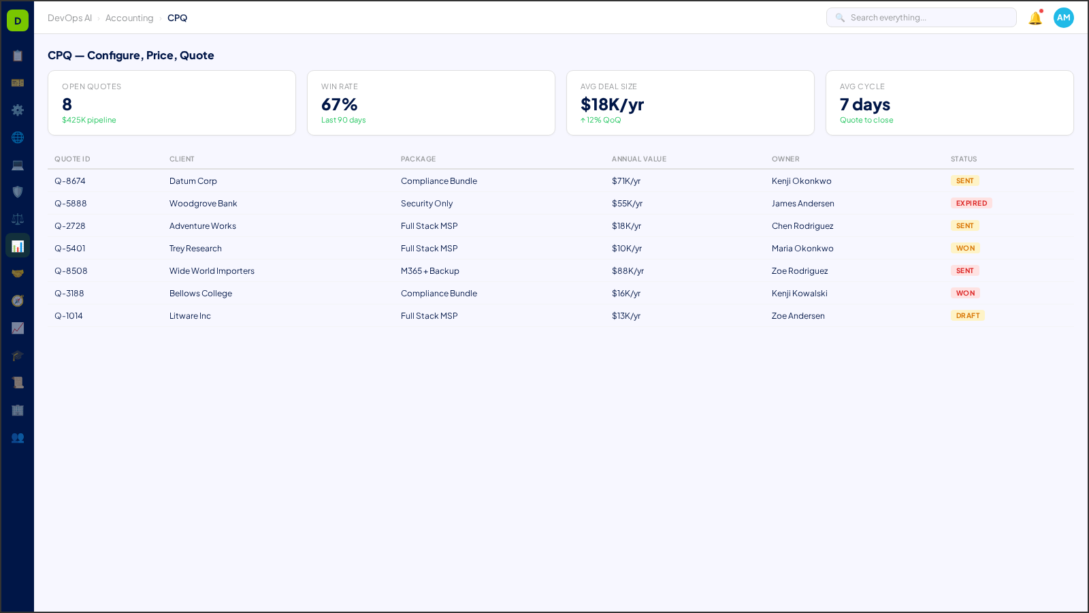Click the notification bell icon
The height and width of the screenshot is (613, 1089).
(x=1035, y=18)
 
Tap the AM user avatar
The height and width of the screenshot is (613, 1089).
(x=1063, y=18)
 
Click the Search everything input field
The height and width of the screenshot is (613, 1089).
(x=926, y=18)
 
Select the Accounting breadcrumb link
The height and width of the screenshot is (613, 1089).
(x=129, y=18)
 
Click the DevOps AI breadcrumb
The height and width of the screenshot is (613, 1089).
(x=69, y=18)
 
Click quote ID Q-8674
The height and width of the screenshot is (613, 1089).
(x=70, y=181)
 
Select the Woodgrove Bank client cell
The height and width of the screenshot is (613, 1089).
(x=204, y=204)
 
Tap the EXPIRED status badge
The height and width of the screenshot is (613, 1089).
(x=971, y=204)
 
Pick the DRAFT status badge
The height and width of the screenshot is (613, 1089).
(x=968, y=316)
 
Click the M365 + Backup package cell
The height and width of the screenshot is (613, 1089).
(x=430, y=271)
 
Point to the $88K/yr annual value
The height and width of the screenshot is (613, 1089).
(x=628, y=271)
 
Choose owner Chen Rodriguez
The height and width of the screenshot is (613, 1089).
(x=802, y=226)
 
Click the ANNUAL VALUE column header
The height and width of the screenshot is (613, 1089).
(x=639, y=159)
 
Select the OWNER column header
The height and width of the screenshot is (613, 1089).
(x=785, y=159)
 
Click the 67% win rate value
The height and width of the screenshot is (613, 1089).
(x=340, y=105)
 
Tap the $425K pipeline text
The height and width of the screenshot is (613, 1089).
(x=89, y=121)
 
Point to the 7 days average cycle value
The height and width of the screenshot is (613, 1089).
(x=865, y=105)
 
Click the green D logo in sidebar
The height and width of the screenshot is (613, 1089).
(x=18, y=20)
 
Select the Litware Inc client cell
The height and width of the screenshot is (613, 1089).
(x=190, y=316)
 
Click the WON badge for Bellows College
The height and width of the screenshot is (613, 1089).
(x=965, y=294)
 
